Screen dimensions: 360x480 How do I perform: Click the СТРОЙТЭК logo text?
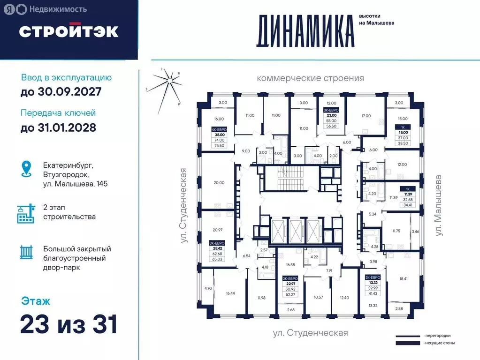pos(69,31)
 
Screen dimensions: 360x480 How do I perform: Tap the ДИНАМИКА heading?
pos(305,31)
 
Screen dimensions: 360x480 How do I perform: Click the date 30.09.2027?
pos(61,91)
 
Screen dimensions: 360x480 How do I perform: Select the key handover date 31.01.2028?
pos(58,127)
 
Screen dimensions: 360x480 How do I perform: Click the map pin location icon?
pos(26,169)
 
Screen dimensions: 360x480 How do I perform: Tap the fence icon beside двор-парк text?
pos(26,252)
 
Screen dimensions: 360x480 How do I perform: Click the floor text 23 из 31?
pos(69,324)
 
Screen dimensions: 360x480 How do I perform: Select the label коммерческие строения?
pos(310,78)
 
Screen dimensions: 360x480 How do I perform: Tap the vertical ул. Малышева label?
pos(439,205)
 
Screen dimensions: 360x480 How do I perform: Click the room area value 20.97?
pos(217,230)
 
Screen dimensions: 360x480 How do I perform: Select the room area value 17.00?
pos(366,116)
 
